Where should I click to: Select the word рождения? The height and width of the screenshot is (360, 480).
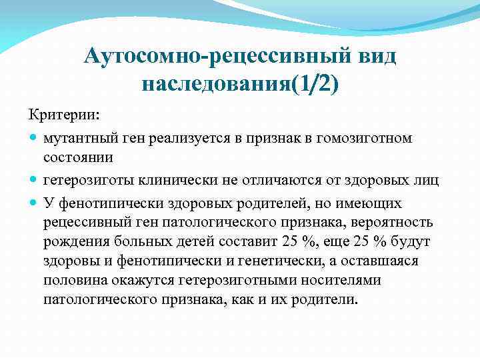(73, 241)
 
